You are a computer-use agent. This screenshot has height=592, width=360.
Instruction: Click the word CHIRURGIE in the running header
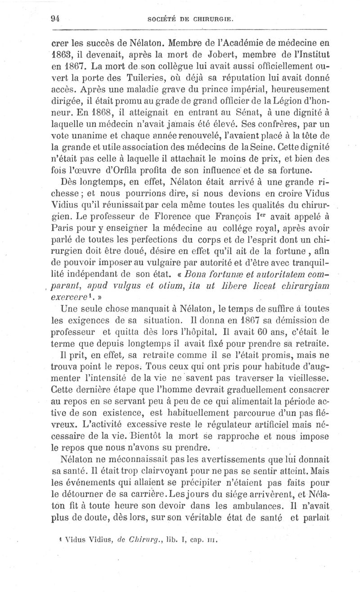pos(213,19)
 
